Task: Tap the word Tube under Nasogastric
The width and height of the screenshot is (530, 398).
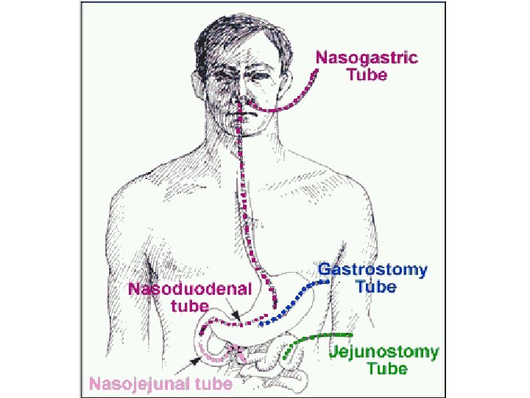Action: tap(366, 74)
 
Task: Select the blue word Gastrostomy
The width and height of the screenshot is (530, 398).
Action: tap(372, 270)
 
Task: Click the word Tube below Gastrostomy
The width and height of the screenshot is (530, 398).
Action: tap(376, 287)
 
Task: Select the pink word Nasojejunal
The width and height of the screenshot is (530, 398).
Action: tap(141, 383)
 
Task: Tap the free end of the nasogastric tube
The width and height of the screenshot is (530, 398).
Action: tap(317, 71)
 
